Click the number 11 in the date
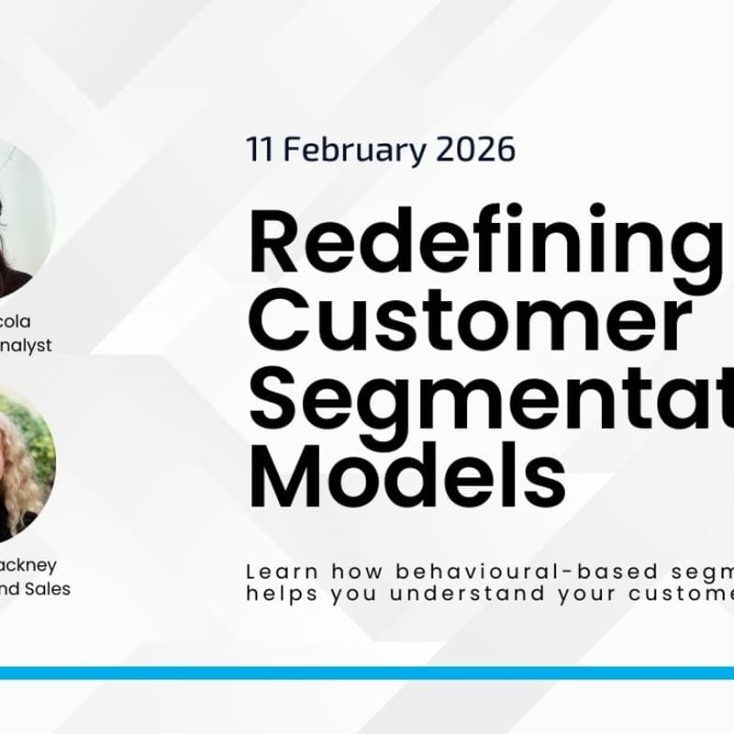tap(260, 150)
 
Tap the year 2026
tap(473, 150)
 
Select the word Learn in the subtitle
tap(277, 571)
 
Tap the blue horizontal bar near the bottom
tap(367, 673)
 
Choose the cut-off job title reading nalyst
tap(26, 345)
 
